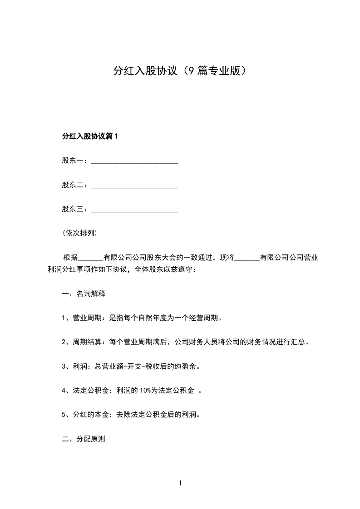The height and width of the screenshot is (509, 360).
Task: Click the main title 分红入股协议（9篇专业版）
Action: (180, 71)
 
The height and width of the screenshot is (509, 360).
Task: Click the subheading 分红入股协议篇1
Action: (89, 136)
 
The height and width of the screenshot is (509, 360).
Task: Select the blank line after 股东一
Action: (134, 162)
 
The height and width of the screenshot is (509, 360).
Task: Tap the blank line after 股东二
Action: (134, 186)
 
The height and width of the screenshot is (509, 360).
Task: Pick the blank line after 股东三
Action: (134, 210)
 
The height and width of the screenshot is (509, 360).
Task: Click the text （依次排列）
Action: (79, 234)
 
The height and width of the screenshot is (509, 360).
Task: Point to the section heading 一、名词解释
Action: (84, 294)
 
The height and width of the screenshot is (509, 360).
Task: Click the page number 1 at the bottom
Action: (180, 483)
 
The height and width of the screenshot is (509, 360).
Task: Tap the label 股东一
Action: (72, 161)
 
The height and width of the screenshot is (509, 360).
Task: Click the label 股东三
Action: (72, 210)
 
